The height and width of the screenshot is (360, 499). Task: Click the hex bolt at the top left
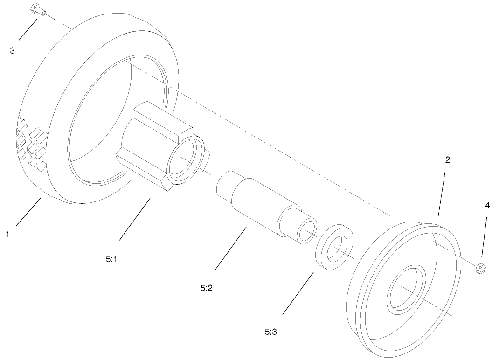click(38, 9)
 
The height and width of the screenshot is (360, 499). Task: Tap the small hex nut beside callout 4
click(480, 268)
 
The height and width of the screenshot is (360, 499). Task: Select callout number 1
click(7, 235)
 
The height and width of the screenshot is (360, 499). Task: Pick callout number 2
click(447, 160)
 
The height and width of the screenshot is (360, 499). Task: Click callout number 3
click(12, 51)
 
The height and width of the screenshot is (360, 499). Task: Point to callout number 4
click(487, 206)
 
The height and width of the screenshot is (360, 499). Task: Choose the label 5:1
click(111, 259)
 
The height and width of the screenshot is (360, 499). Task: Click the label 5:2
click(206, 288)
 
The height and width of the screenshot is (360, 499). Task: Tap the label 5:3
click(271, 332)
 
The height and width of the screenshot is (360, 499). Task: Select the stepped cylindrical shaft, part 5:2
click(267, 208)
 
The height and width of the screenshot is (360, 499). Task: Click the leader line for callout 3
click(28, 29)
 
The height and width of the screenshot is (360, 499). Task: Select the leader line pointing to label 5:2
click(231, 248)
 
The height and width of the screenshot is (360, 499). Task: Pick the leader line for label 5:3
click(298, 293)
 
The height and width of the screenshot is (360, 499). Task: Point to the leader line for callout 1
click(28, 211)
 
